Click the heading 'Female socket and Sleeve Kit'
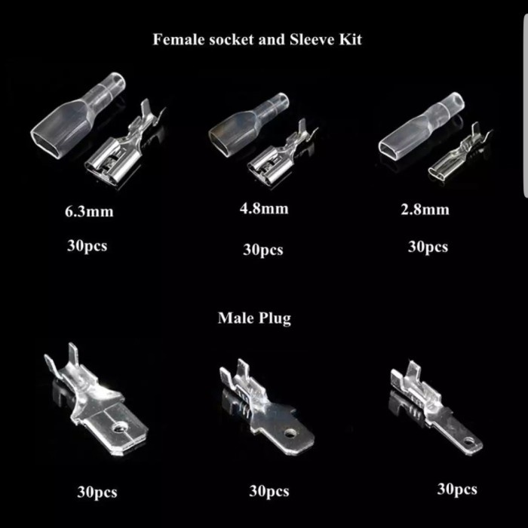pos(257,39)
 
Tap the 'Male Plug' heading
pos(254,318)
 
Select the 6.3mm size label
pos(89,212)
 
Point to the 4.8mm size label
pos(264,209)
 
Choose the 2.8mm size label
pos(425,210)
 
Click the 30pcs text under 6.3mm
pos(87,246)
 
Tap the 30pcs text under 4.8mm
pos(263,250)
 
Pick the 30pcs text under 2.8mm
pos(428,247)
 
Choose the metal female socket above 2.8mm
pos(459,153)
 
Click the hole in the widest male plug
pos(118,428)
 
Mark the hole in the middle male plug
pos(289,433)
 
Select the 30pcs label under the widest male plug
pos(97,492)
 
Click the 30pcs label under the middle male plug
pos(269,491)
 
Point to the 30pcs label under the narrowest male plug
pos(457,490)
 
